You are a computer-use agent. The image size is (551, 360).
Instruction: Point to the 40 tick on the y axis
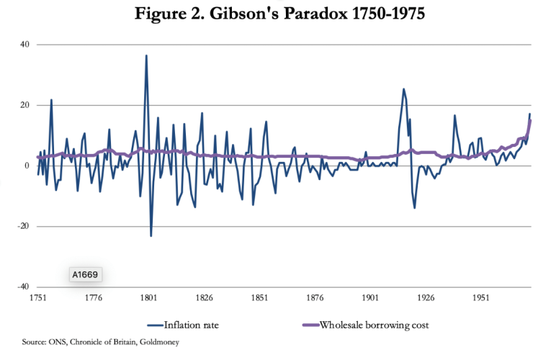pos(23,45)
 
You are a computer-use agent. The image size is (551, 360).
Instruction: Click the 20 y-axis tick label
pos(23,105)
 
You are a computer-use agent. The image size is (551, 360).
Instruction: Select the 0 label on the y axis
pos(25,166)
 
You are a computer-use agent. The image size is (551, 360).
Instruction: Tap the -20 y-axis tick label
pos(22,226)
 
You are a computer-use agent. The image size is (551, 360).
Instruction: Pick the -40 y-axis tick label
pos(22,287)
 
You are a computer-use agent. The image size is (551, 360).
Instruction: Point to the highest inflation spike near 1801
pos(146,55)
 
